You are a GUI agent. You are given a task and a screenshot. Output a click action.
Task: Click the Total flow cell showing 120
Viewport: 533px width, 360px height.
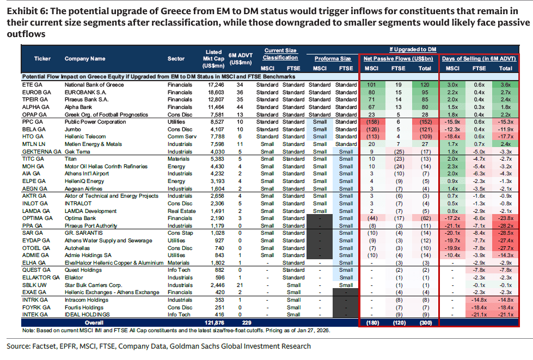tap(423, 85)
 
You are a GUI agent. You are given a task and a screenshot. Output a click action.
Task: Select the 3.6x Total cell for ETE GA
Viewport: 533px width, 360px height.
tap(505, 85)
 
